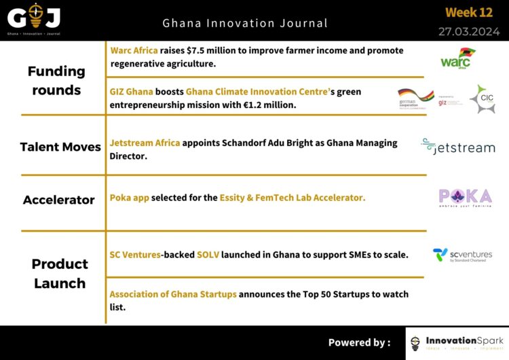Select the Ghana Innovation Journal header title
pyautogui.click(x=245, y=23)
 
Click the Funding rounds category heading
pyautogui.click(x=56, y=80)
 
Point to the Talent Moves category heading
pyautogui.click(x=60, y=147)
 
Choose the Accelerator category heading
pyautogui.click(x=58, y=200)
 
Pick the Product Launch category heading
pyautogui.click(x=60, y=272)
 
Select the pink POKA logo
pyautogui.click(x=465, y=198)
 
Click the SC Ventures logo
pyautogui.click(x=462, y=255)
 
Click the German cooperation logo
pyautogui.click(x=415, y=99)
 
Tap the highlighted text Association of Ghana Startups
pyautogui.click(x=173, y=294)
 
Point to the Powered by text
pyautogui.click(x=359, y=342)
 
